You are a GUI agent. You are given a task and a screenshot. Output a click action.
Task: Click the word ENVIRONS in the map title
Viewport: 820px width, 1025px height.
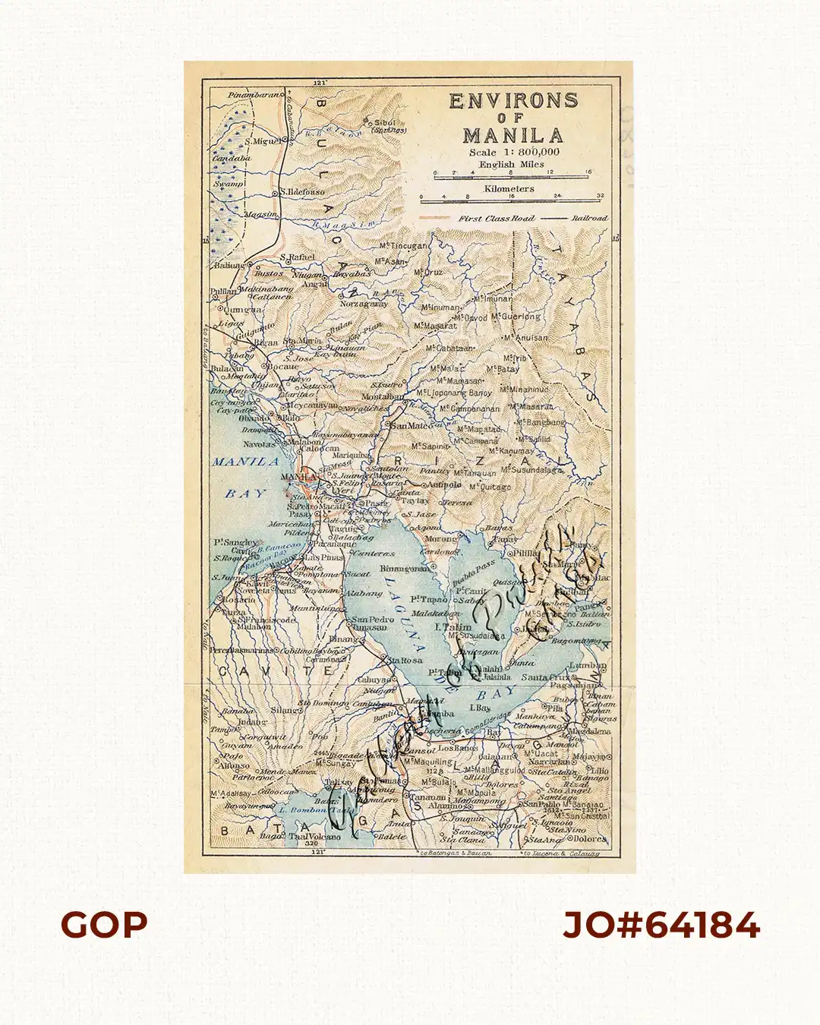[x=513, y=101]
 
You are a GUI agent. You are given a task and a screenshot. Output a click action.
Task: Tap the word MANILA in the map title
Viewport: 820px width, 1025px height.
[x=513, y=137]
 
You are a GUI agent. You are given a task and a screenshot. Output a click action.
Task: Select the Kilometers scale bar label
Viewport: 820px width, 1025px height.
[x=509, y=188]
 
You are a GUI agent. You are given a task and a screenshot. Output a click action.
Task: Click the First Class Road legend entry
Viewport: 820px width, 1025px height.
[x=496, y=219]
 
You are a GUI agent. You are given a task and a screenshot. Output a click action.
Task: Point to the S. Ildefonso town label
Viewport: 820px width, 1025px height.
[x=302, y=192]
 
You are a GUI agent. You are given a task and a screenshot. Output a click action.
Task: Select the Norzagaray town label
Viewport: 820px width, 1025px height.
[x=364, y=304]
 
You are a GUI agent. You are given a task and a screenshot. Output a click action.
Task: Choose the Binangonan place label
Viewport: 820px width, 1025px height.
[x=403, y=568]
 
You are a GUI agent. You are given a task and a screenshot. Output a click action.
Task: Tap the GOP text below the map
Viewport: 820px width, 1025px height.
[x=104, y=926]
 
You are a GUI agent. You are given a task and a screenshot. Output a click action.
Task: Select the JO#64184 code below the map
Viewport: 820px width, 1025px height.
[x=661, y=926]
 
